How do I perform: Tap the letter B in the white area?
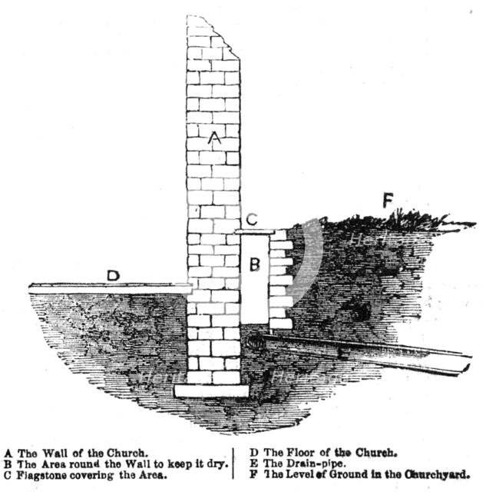tap(254, 265)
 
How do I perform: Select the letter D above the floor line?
tap(113, 275)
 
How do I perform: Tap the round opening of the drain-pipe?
tap(256, 344)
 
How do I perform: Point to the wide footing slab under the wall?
tap(212, 391)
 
